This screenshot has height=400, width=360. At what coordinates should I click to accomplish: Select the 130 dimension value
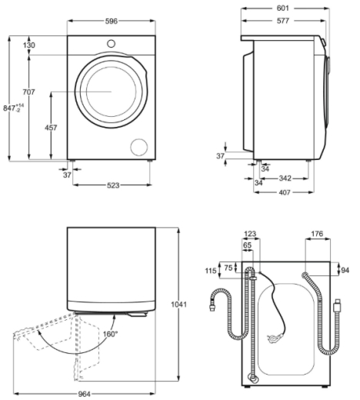click(x=29, y=45)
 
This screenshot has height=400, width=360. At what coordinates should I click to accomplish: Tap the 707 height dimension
click(x=29, y=92)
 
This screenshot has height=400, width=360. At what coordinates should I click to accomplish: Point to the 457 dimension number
click(x=51, y=128)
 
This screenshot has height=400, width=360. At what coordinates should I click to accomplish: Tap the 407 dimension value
click(x=285, y=192)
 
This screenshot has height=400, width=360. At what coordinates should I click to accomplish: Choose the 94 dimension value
click(x=345, y=270)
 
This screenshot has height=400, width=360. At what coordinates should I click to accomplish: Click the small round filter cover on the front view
click(x=139, y=147)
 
